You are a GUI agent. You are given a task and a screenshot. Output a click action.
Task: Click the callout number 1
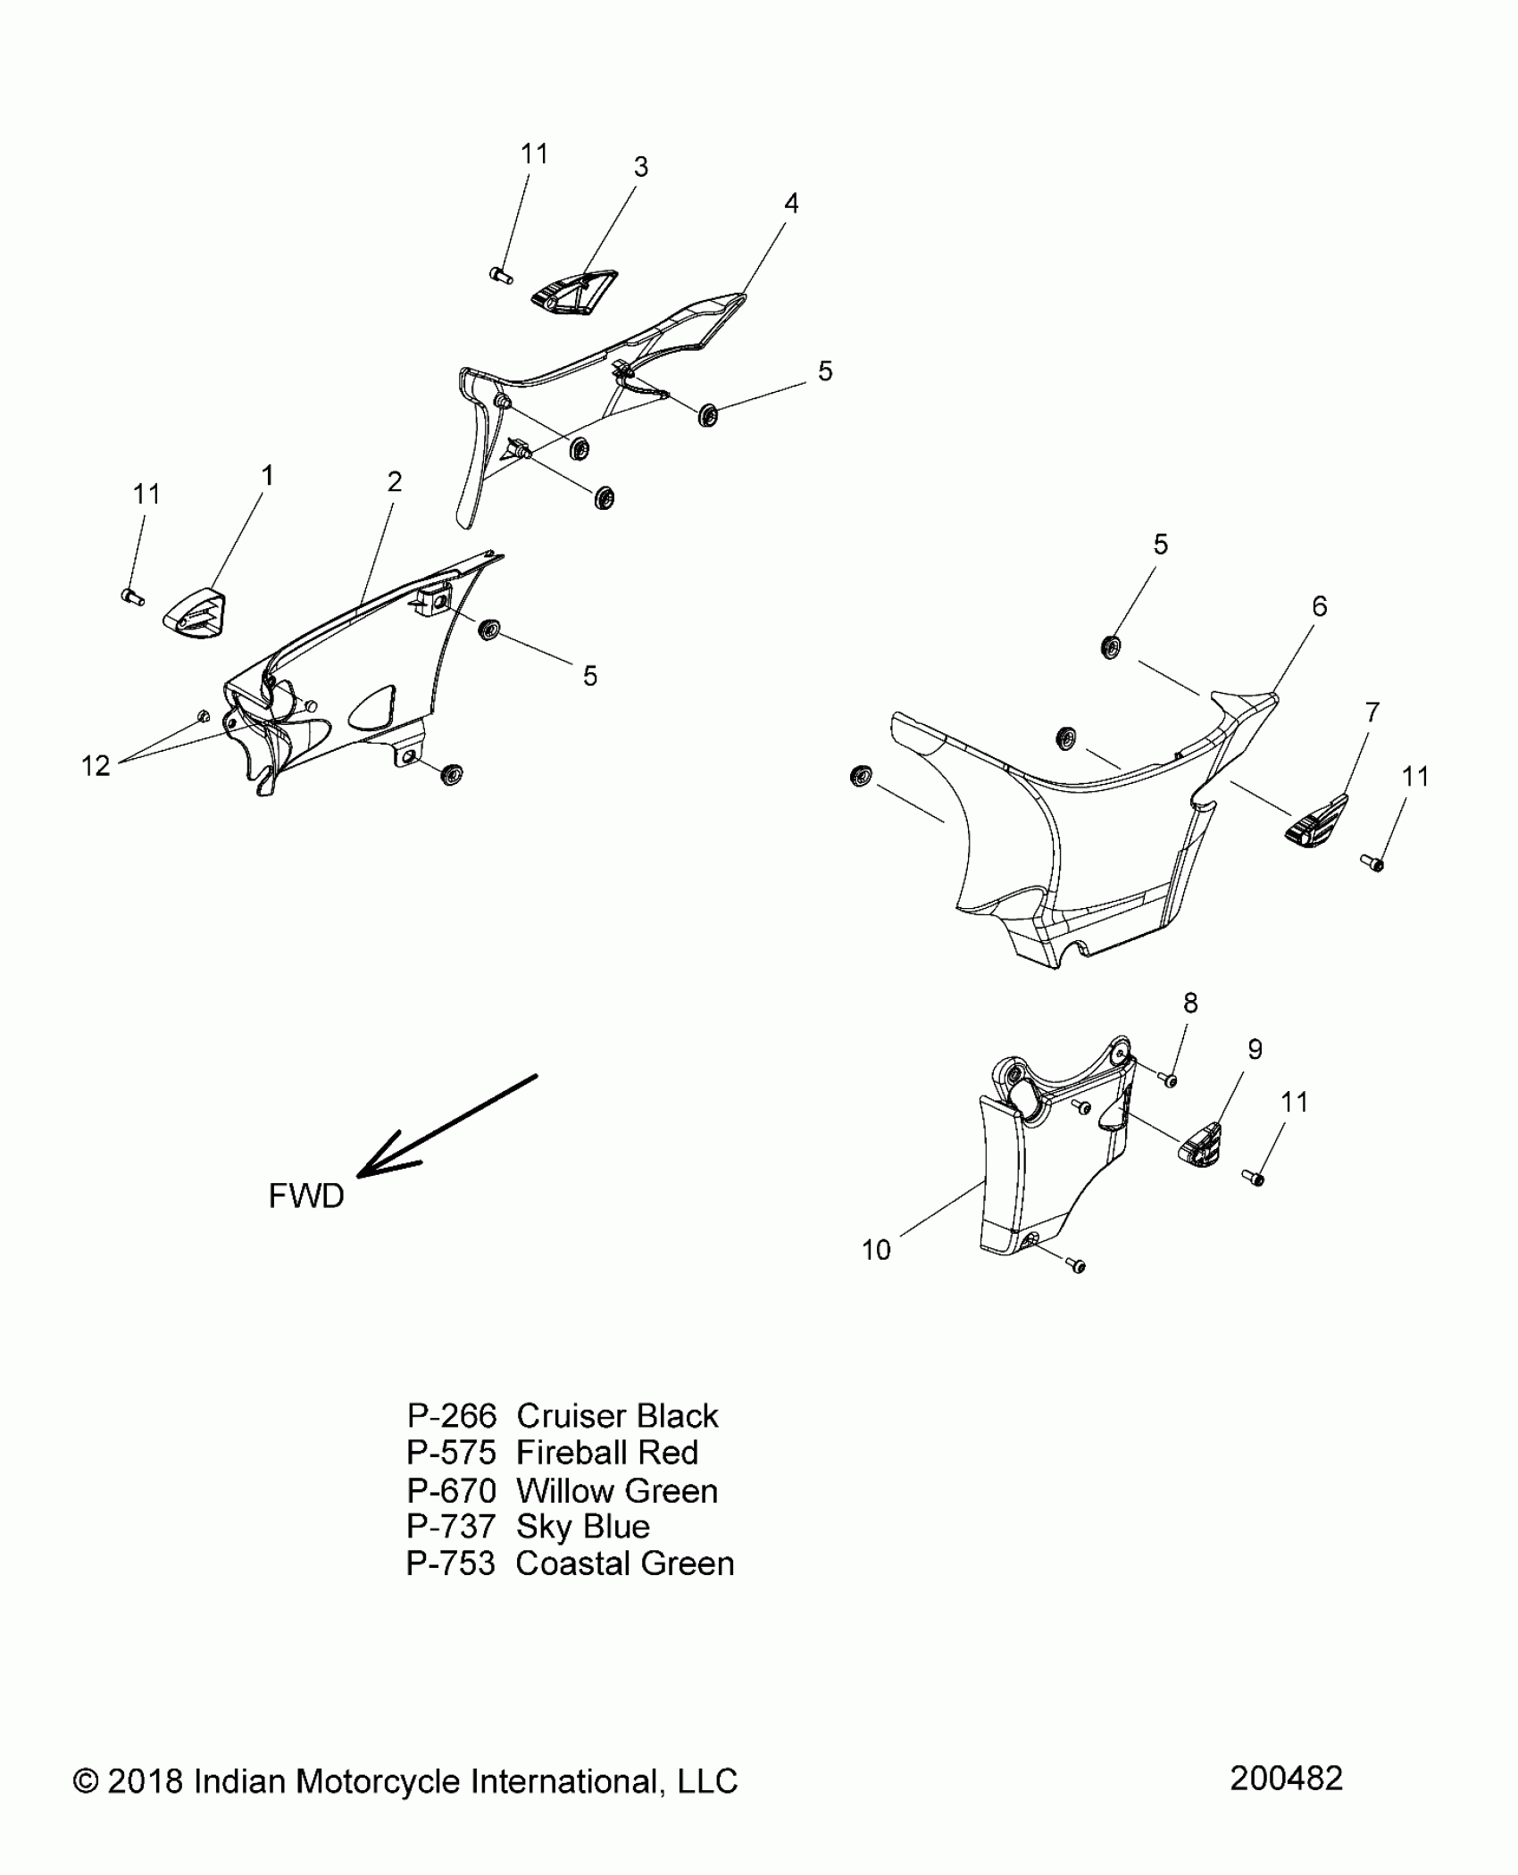pos(267,477)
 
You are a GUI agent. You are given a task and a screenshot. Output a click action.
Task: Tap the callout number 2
pos(395,482)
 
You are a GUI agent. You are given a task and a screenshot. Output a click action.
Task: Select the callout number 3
pos(641,167)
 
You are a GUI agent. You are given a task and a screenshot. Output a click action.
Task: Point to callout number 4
pos(791,204)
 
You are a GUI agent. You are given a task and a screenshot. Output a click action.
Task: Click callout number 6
pos(1320,607)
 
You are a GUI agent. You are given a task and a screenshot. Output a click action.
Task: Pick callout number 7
pos(1372,712)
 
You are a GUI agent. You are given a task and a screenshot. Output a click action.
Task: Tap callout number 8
pos(1190,1003)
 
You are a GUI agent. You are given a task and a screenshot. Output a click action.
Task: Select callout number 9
pos(1255,1049)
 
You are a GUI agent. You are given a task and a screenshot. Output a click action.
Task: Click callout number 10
pos(876,1250)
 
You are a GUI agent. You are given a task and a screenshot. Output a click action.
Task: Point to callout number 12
pos(96,765)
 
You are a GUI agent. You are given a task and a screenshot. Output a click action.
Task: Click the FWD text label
pos(306,1196)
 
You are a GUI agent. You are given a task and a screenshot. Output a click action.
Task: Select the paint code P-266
pos(452,1416)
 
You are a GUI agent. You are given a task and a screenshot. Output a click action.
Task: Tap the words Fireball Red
pos(607,1453)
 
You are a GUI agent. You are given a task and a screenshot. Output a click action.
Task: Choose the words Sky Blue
pos(583,1527)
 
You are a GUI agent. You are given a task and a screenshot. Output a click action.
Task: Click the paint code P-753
pos(451,1563)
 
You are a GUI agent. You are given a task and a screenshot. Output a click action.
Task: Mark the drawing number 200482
pos(1286,1779)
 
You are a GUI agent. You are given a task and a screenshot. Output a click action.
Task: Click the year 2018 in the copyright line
pos(145,1781)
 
